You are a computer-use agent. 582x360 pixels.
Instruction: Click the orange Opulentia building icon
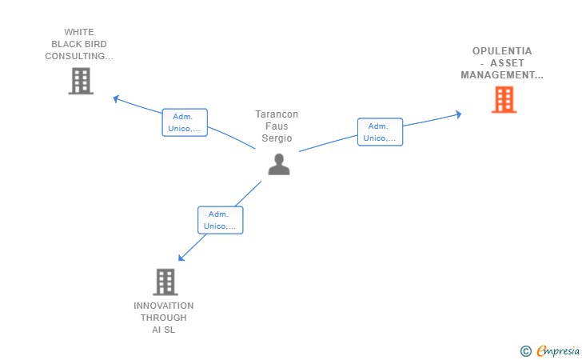tap(504, 99)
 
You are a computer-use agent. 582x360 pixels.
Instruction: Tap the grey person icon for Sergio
tap(279, 164)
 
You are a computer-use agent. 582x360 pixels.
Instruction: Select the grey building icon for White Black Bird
tap(81, 81)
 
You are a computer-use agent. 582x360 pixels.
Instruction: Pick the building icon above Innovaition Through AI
tap(165, 282)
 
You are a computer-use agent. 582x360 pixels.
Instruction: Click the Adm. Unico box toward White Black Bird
tap(185, 122)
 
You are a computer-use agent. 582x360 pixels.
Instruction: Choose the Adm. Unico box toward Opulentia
tap(380, 132)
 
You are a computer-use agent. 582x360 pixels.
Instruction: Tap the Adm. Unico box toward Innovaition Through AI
tap(221, 220)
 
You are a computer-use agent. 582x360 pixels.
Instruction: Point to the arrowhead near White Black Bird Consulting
tap(116, 98)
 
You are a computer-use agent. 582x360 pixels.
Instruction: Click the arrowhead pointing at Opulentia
tap(458, 114)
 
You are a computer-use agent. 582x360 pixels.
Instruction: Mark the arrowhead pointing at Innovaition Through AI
tap(181, 258)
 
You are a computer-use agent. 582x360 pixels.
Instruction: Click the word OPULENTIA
tap(502, 51)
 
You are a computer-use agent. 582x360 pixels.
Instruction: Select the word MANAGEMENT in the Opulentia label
tap(497, 75)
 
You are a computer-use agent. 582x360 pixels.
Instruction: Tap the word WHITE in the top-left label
tap(79, 32)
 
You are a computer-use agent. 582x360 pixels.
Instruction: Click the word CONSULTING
tap(74, 56)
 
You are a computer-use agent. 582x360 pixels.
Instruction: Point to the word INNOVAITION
tap(163, 306)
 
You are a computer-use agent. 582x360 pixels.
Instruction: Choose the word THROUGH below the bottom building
tap(163, 318)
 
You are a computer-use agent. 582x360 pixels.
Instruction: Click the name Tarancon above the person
tap(277, 114)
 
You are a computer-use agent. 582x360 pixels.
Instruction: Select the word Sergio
tap(277, 138)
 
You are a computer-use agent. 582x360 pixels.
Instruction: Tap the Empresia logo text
tap(558, 350)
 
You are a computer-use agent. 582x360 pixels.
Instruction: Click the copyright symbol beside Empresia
tap(526, 351)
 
